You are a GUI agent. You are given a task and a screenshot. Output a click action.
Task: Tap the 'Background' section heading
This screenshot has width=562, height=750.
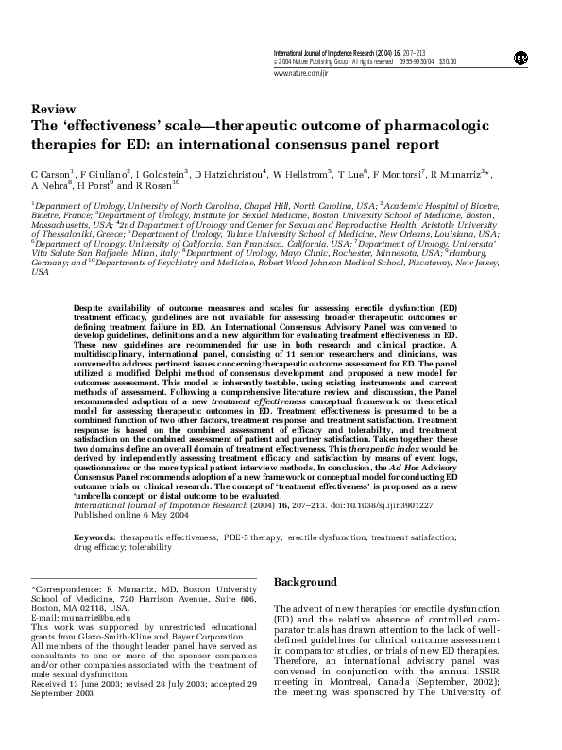(x=304, y=582)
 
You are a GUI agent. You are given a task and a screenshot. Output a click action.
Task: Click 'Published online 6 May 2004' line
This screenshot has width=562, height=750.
(x=124, y=516)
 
